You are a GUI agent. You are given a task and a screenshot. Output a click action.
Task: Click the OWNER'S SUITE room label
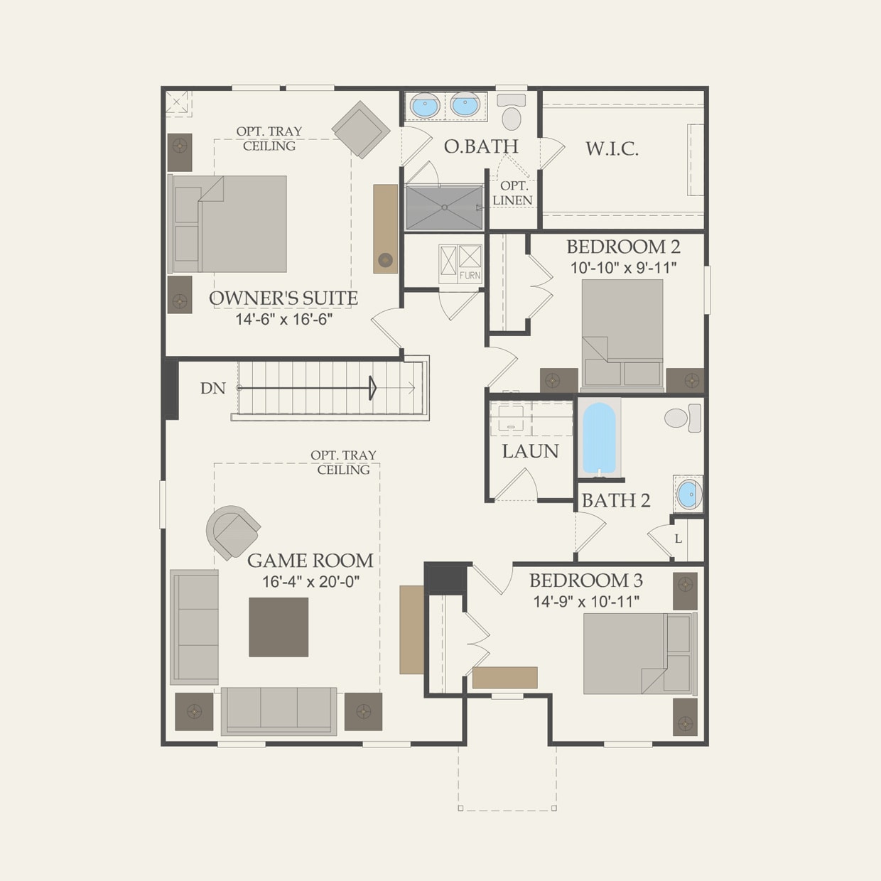click(283, 298)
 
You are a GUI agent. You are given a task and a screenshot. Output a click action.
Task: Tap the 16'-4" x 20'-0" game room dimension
click(310, 582)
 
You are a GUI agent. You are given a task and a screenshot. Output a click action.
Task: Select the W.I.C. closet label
click(612, 149)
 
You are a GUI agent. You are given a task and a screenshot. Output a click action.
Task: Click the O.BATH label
click(481, 146)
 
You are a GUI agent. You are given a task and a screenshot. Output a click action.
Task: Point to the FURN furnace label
click(470, 276)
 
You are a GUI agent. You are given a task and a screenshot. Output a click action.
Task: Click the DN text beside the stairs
click(212, 389)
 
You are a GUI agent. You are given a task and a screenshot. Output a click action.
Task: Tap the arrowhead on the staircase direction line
click(372, 388)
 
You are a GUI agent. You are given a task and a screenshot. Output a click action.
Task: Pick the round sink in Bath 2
click(688, 494)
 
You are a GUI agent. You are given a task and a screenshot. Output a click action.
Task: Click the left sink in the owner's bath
click(425, 106)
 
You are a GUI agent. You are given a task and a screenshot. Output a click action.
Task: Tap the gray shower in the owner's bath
click(444, 207)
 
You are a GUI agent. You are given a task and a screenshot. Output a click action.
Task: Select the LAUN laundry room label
click(530, 451)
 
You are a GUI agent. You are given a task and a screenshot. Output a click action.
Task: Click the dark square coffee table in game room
click(279, 627)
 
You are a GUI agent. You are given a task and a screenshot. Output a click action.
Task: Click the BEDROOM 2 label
click(623, 247)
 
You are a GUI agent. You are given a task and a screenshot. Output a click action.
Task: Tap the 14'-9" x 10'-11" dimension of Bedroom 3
click(586, 602)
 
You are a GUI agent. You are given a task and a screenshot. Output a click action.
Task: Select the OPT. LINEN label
click(512, 193)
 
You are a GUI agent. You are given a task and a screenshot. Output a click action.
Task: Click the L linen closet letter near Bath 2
click(678, 539)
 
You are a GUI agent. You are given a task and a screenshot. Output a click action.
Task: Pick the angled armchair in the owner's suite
click(361, 129)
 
